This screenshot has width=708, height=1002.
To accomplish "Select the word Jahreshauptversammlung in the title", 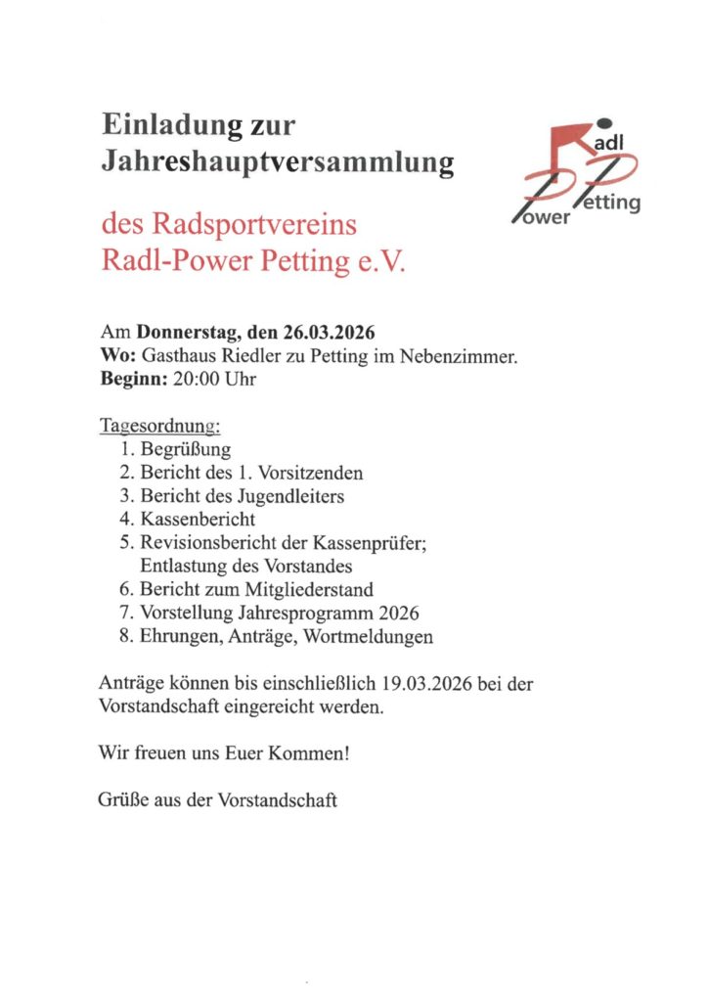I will pyautogui.click(x=278, y=161).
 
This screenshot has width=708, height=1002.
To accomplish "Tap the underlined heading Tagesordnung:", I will pyautogui.click(x=160, y=427).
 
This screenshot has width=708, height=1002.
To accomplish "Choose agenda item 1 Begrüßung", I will pyautogui.click(x=186, y=450).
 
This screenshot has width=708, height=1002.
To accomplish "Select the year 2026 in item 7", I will pyautogui.click(x=396, y=614).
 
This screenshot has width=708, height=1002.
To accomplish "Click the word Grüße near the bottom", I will pyautogui.click(x=121, y=800).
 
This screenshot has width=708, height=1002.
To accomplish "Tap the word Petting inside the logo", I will pyautogui.click(x=610, y=204).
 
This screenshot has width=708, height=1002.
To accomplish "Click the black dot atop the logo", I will pyautogui.click(x=602, y=122).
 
